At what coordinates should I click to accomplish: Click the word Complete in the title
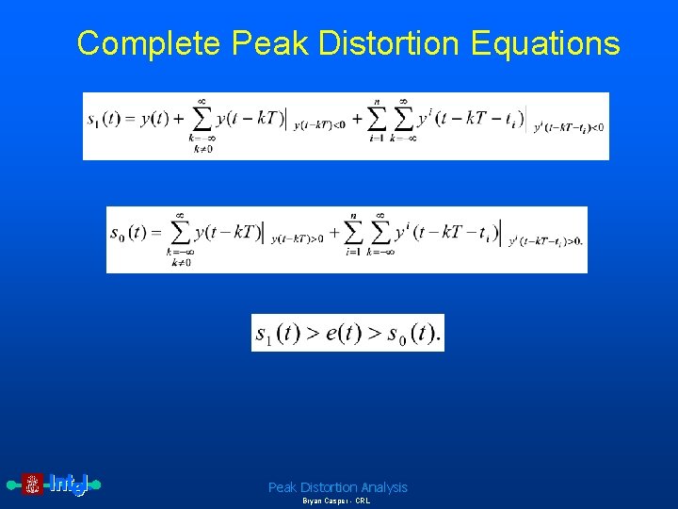[149, 43]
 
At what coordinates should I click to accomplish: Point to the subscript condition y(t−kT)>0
[297, 239]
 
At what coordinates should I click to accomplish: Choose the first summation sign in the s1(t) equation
[201, 120]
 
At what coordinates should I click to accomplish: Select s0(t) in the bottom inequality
[412, 334]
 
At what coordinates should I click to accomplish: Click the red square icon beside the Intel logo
[33, 484]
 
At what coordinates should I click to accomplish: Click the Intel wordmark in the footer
[68, 484]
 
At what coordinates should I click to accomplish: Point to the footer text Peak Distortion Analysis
[338, 487]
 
